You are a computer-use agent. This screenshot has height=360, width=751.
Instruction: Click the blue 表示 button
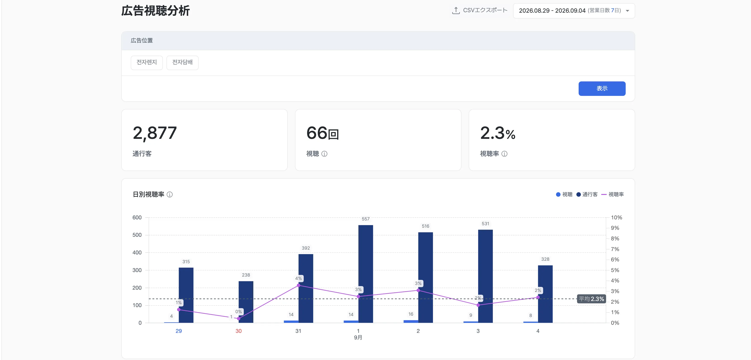coord(602,88)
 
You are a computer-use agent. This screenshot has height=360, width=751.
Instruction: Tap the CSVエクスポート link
coord(480,10)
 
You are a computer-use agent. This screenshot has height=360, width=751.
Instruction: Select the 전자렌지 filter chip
coord(147,62)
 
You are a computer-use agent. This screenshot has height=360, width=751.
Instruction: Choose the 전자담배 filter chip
coord(183,62)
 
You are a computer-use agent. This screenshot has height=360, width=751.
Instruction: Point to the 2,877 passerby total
coord(155,133)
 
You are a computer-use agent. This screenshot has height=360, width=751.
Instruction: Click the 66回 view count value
coord(322,133)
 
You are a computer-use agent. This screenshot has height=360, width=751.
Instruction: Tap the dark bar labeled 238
coord(246,302)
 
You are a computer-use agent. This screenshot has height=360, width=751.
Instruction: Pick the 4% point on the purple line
coord(298,285)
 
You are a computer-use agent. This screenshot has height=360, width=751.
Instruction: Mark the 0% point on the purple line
coord(238,319)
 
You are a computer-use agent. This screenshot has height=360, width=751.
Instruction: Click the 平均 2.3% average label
coord(591,299)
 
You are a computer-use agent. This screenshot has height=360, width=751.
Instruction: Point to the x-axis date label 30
coord(238,331)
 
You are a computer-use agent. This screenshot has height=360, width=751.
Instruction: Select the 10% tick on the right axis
coord(616,218)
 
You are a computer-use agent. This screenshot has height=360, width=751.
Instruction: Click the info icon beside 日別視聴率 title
coord(170,194)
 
